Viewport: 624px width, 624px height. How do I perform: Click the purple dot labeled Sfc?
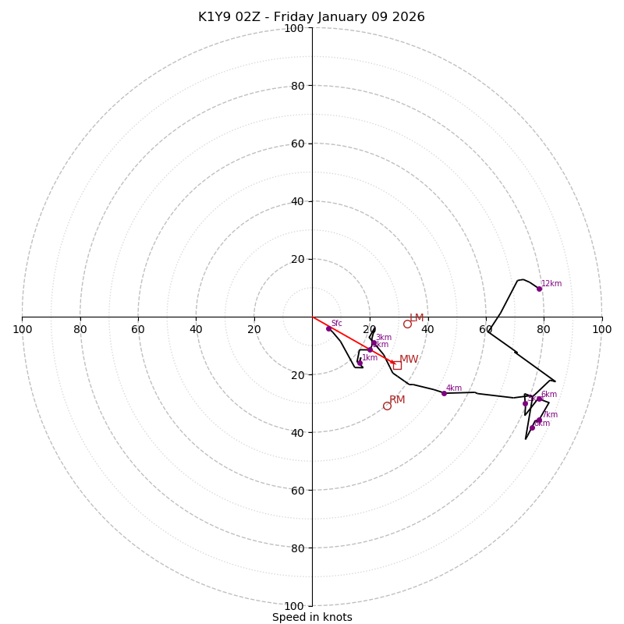(x=328, y=328)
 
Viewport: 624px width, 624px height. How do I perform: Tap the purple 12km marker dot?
(x=539, y=289)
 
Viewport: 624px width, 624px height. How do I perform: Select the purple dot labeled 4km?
(x=444, y=393)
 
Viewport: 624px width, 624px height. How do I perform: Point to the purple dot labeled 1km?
(x=360, y=363)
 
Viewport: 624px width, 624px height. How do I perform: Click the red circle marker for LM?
(x=407, y=324)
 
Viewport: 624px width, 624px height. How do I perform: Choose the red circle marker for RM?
(x=387, y=406)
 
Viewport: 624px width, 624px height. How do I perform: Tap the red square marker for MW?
(x=397, y=365)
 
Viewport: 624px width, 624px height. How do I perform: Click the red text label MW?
(x=409, y=360)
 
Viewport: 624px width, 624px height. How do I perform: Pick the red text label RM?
(x=397, y=400)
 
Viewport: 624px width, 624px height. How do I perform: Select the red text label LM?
(x=417, y=318)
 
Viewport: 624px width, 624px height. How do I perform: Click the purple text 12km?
(x=551, y=284)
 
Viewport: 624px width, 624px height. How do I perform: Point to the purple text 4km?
(x=454, y=388)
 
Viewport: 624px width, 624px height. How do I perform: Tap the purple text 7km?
(x=550, y=415)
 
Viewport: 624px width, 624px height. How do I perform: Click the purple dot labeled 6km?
(x=539, y=399)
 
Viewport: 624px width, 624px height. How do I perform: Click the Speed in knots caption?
(x=312, y=618)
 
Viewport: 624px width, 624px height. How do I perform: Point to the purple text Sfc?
(x=337, y=324)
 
